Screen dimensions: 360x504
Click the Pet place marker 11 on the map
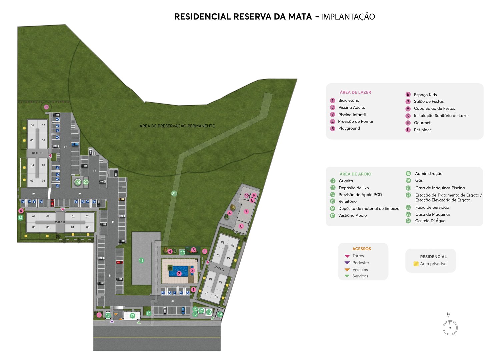click(x=46, y=107)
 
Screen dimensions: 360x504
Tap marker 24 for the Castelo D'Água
click(x=78, y=182)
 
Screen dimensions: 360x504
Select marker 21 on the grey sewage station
click(x=141, y=261)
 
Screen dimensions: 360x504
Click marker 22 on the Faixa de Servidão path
click(x=174, y=193)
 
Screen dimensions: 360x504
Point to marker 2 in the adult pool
click(x=179, y=274)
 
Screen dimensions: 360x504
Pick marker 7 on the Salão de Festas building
click(x=246, y=212)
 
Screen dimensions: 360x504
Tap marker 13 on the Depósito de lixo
click(x=132, y=316)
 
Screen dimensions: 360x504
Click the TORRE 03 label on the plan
click(x=37, y=153)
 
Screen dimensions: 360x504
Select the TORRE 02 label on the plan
click(x=60, y=222)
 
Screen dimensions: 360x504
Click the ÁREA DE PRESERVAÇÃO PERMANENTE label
click(x=177, y=126)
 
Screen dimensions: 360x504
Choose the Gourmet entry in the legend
click(x=422, y=123)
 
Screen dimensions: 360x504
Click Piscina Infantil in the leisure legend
click(x=352, y=115)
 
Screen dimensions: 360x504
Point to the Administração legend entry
click(x=429, y=174)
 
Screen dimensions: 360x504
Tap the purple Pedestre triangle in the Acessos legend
click(x=347, y=263)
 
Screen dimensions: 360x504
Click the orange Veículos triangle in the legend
click(x=347, y=270)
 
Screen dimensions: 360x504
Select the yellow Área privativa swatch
click(x=416, y=264)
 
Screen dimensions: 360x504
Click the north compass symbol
click(x=450, y=327)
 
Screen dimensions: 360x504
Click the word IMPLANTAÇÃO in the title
click(x=348, y=17)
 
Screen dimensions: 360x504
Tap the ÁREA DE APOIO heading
click(x=355, y=174)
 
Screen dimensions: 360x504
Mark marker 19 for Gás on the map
click(x=220, y=314)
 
